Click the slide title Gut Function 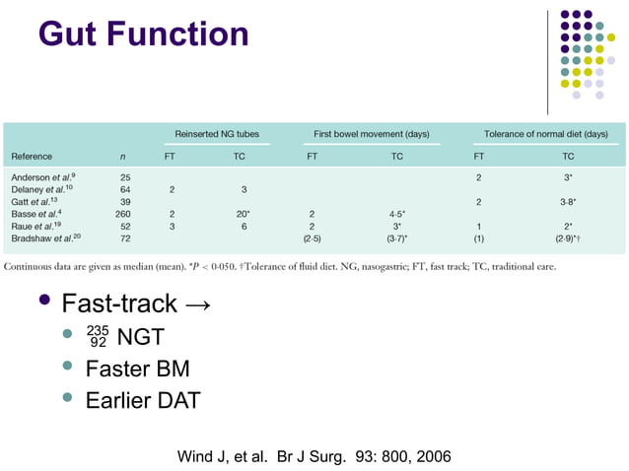143,34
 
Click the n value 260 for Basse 123,214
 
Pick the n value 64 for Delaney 125,189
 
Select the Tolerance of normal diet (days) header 545,133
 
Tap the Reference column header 32,156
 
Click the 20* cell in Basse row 243,214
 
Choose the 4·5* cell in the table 397,214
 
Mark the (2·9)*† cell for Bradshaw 569,238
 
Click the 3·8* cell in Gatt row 568,201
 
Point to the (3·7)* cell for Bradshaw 397,238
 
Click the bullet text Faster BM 137,369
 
